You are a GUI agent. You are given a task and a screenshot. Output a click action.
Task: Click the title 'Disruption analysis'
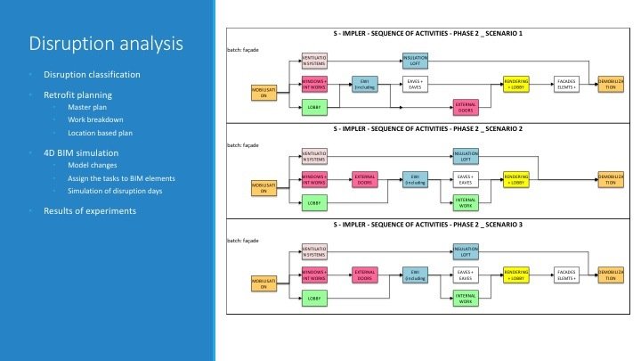(106, 44)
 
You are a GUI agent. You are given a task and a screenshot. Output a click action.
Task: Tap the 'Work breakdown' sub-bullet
(96, 119)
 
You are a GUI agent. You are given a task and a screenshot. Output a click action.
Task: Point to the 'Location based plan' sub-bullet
(101, 132)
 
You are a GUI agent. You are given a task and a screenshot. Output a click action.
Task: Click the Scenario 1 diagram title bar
(428, 33)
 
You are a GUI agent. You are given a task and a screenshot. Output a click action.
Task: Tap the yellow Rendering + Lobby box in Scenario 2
(516, 178)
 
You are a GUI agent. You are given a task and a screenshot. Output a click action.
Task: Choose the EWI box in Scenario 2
(415, 178)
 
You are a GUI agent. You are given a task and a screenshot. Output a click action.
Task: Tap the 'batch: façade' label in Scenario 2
(242, 144)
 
